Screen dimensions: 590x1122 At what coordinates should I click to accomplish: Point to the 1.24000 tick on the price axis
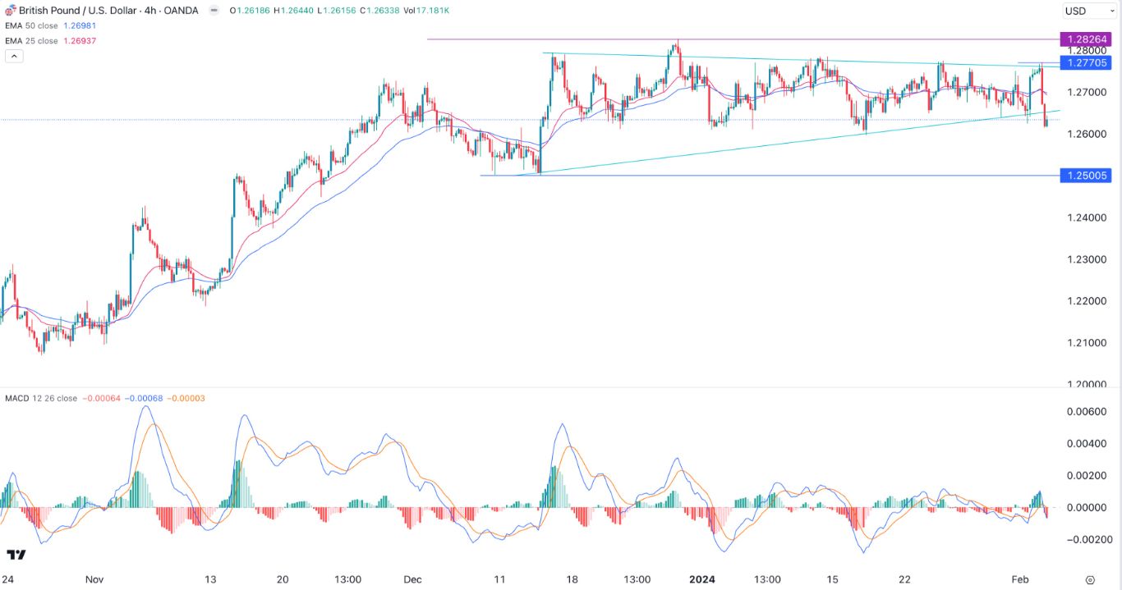coord(1087,217)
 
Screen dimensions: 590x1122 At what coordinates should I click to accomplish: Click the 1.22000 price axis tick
coord(1087,301)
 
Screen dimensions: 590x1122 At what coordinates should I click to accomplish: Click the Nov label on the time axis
coord(94,579)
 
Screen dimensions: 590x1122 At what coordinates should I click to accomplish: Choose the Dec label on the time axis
coord(412,579)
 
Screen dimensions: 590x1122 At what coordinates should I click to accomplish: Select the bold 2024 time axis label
coord(702,579)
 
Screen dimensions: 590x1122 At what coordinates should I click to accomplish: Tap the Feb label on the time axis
coord(1019,579)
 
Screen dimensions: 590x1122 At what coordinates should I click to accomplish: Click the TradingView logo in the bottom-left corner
coord(16,555)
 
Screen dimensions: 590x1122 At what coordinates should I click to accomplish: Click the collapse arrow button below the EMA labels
coord(13,56)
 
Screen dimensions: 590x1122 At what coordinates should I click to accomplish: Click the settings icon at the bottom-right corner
coord(1090,579)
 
